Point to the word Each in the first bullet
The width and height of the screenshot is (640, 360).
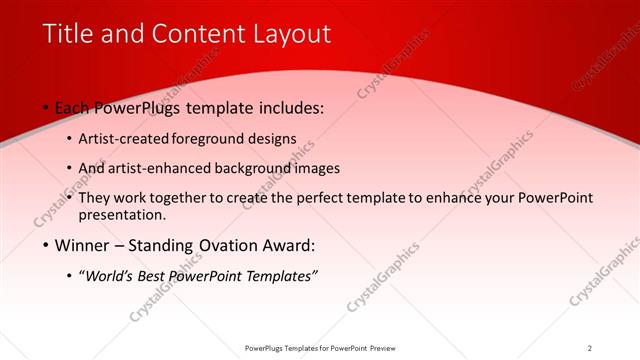point(74,107)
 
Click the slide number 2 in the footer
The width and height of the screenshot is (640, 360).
point(590,348)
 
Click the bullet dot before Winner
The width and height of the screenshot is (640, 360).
point(46,246)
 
